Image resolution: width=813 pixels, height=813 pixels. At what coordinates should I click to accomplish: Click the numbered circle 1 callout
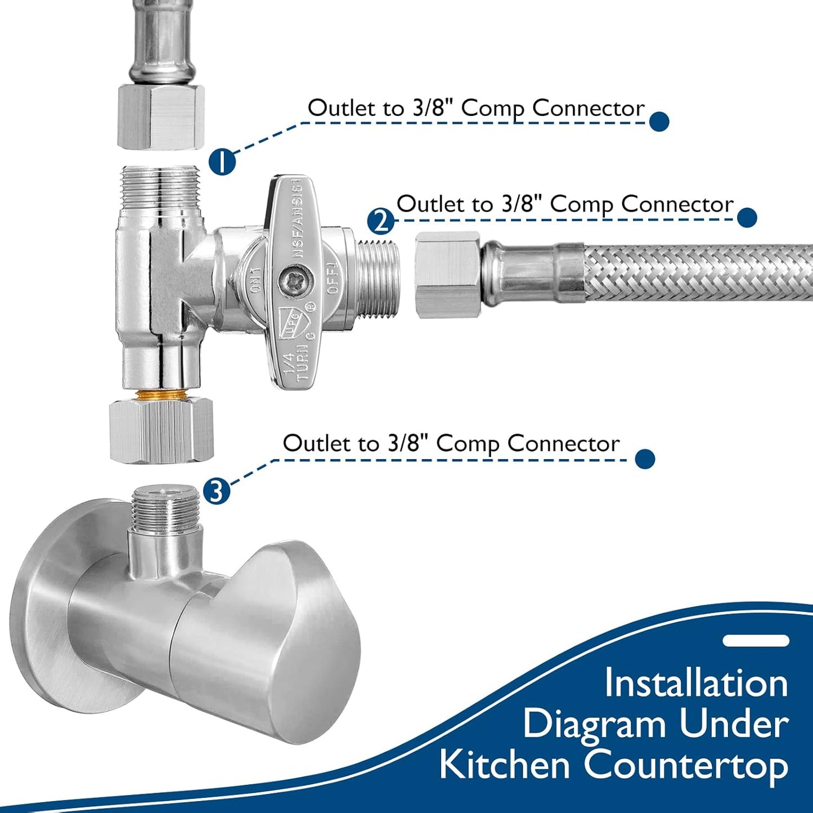(x=222, y=162)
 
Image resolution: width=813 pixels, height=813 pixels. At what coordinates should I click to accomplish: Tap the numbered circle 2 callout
(x=381, y=221)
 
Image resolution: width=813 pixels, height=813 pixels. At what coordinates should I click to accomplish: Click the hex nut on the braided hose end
(x=448, y=275)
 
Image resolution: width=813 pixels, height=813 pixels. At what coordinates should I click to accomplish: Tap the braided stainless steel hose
(x=698, y=272)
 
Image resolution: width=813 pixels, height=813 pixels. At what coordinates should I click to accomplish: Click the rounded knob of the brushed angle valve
(x=270, y=641)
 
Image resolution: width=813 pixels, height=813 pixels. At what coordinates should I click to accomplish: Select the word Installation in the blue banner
(x=696, y=683)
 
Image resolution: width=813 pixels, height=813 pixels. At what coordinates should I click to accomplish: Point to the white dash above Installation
(x=756, y=641)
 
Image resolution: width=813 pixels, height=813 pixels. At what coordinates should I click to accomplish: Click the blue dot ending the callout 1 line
(x=659, y=122)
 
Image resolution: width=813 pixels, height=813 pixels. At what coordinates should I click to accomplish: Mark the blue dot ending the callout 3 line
(x=645, y=459)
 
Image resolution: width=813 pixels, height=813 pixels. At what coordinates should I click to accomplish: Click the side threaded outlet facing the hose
(x=379, y=277)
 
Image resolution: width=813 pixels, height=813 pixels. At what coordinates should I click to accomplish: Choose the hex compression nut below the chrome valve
(x=161, y=430)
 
